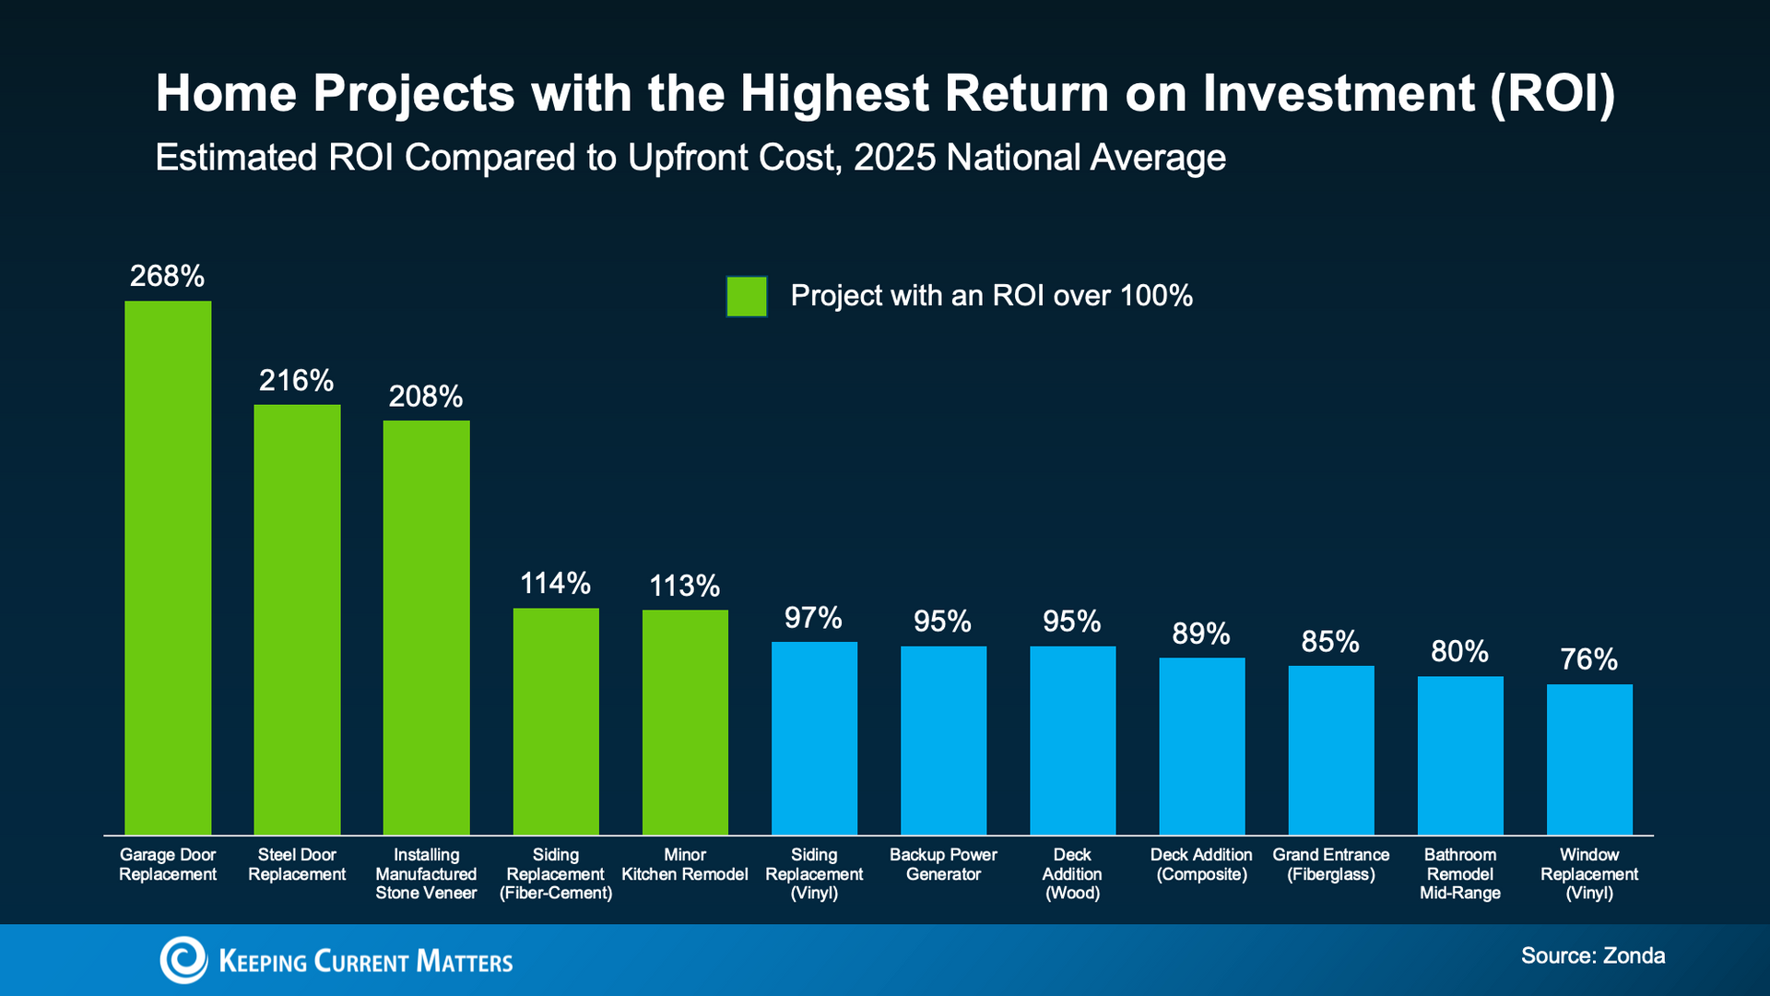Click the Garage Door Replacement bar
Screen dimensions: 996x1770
pyautogui.click(x=168, y=567)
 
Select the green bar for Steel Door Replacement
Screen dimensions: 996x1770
pyautogui.click(x=297, y=620)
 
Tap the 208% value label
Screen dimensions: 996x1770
pyautogui.click(x=425, y=397)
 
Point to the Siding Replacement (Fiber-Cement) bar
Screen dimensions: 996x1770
pyautogui.click(x=556, y=721)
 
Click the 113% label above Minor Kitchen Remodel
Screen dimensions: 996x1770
pyautogui.click(x=684, y=586)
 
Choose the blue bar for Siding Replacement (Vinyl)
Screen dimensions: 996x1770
pyautogui.click(x=814, y=738)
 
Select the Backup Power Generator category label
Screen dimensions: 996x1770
pyautogui.click(x=943, y=865)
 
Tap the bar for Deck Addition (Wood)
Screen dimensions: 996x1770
pyautogui.click(x=1072, y=741)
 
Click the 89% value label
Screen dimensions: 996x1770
pyautogui.click(x=1201, y=634)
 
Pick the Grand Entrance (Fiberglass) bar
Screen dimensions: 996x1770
pyautogui.click(x=1331, y=750)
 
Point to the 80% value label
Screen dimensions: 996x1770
pyautogui.click(x=1459, y=652)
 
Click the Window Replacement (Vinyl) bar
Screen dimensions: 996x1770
pyautogui.click(x=1589, y=759)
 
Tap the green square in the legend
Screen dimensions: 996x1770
pyautogui.click(x=747, y=297)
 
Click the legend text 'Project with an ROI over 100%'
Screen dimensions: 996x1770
pyautogui.click(x=991, y=296)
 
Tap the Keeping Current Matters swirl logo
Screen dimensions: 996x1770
pyautogui.click(x=183, y=960)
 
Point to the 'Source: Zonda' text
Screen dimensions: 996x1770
pyautogui.click(x=1593, y=955)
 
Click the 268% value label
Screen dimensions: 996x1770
pyautogui.click(x=167, y=276)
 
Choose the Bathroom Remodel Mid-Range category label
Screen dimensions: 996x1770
pyautogui.click(x=1460, y=874)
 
